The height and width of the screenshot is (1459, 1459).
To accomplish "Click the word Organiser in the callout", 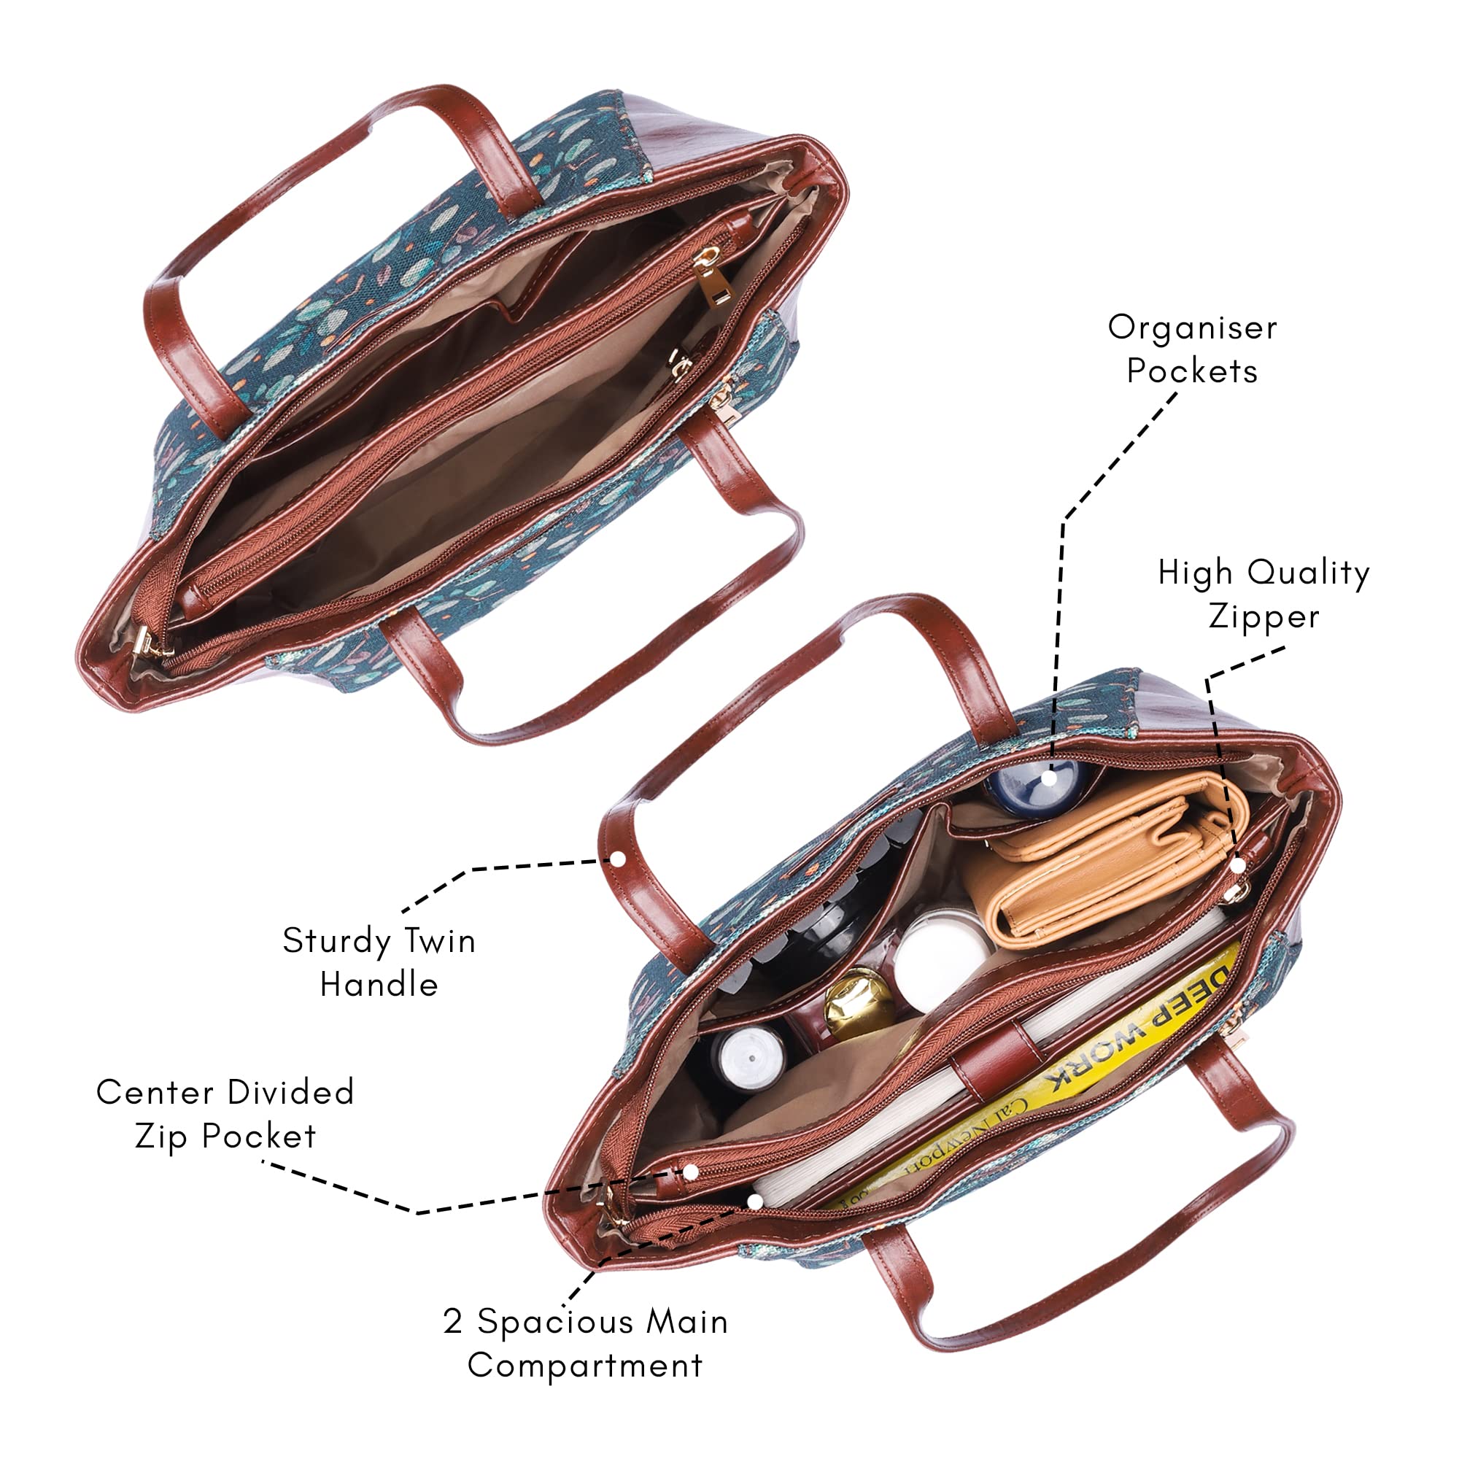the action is [1193, 328].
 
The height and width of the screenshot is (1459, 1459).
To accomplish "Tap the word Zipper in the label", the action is [1264, 617].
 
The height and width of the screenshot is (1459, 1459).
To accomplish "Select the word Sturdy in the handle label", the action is [336, 943].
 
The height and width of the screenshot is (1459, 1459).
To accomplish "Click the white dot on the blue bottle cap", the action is [1050, 776].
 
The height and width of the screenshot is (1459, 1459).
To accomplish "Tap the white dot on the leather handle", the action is [619, 859].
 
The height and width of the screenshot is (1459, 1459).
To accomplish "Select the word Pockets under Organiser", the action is [1193, 371].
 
